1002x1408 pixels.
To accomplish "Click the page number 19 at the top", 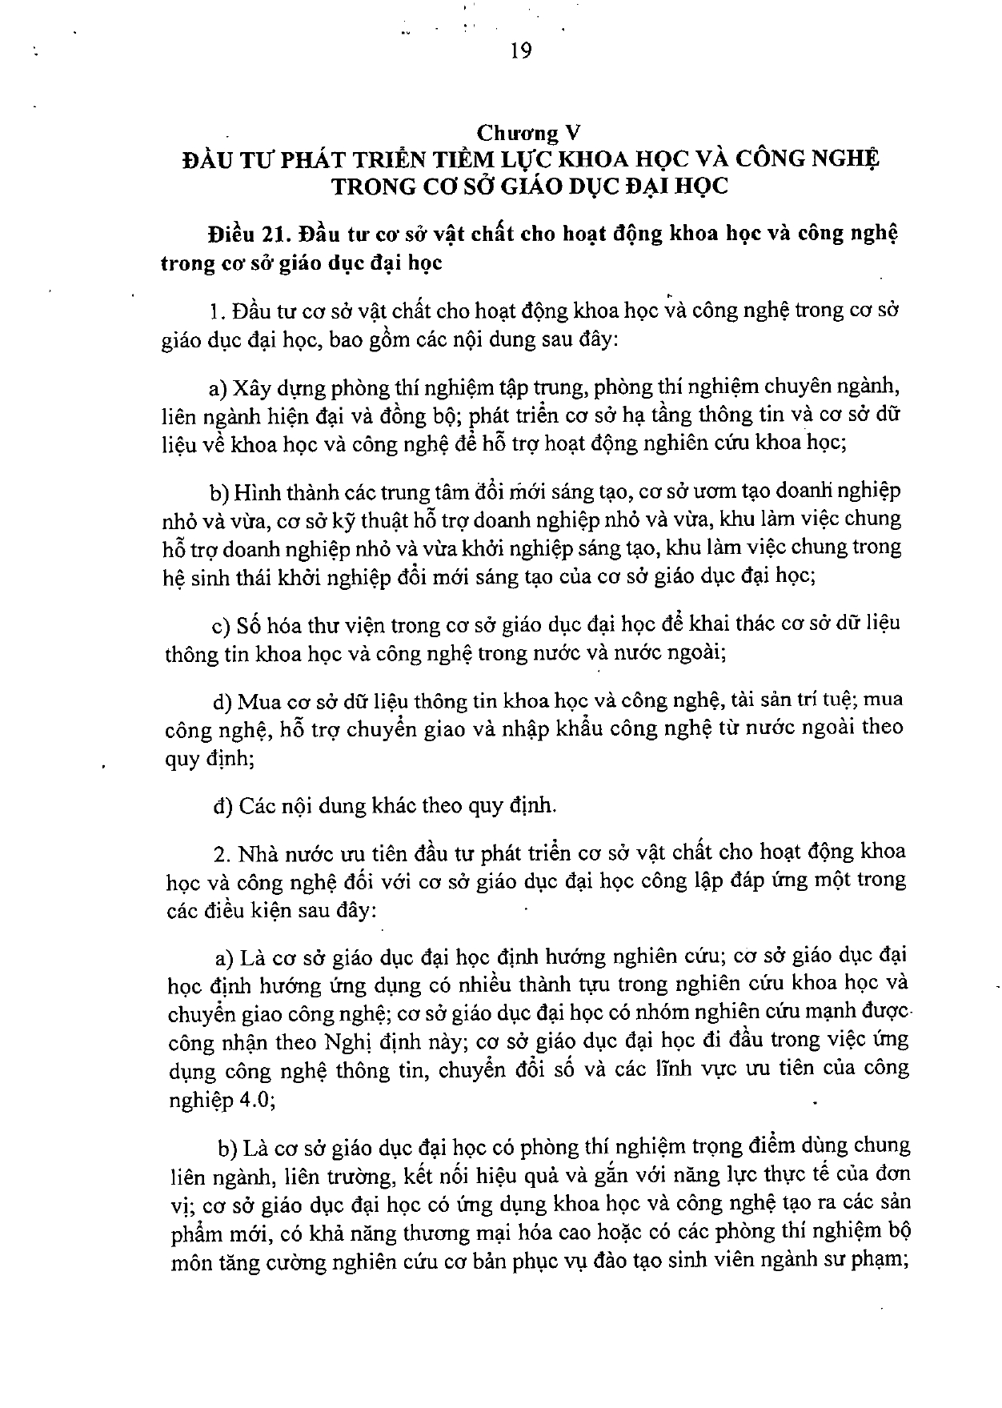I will [x=519, y=51].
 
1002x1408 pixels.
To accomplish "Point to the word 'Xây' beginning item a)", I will [x=249, y=387].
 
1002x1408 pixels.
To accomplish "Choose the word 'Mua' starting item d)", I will [x=258, y=701].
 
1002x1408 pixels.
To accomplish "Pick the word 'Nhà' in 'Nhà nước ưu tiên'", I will [x=257, y=852].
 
